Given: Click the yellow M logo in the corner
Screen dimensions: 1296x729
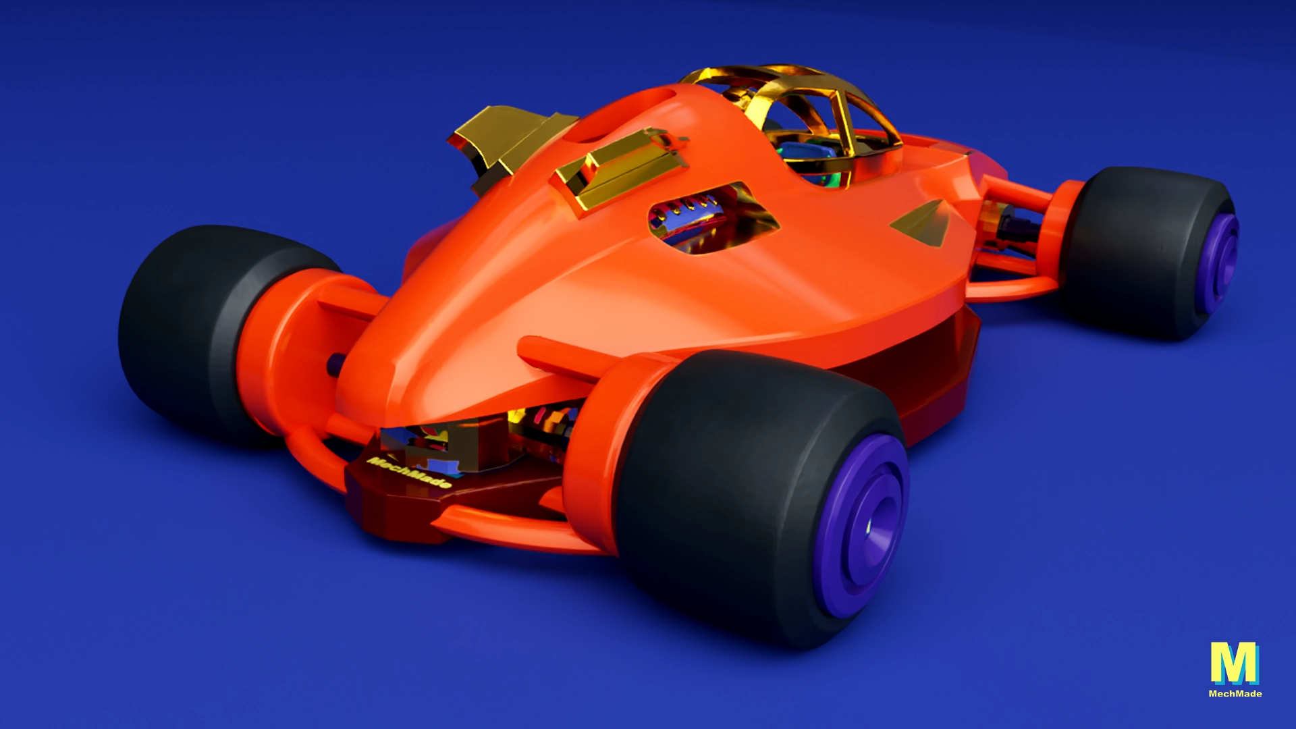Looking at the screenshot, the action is [1235, 663].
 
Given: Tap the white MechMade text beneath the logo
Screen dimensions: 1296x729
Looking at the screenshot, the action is [1235, 693].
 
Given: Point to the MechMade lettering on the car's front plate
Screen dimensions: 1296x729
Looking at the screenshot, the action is [409, 472].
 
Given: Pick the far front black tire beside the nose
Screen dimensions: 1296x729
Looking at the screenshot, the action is [196, 331].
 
